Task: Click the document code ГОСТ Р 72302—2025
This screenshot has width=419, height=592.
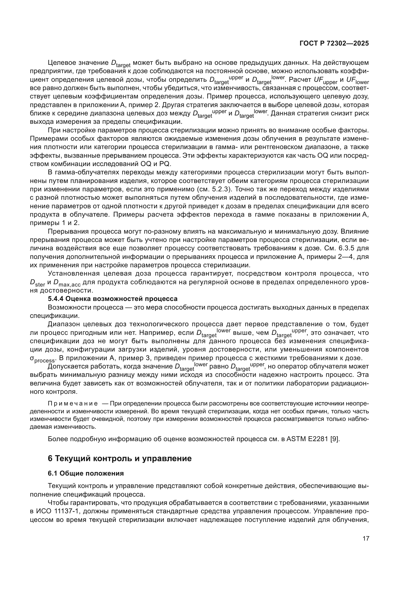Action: point(334,43)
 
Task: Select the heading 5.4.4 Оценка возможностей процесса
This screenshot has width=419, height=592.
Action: point(113,299)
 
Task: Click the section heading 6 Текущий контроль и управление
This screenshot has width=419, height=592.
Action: point(120,458)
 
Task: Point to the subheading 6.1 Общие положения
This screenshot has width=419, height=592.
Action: point(86,473)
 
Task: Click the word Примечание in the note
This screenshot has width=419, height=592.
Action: point(73,403)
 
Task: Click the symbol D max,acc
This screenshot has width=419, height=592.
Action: point(67,283)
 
